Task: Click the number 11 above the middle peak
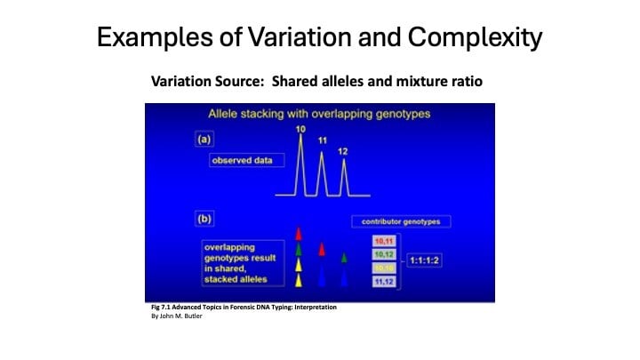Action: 322,140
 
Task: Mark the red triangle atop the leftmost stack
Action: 300,233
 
